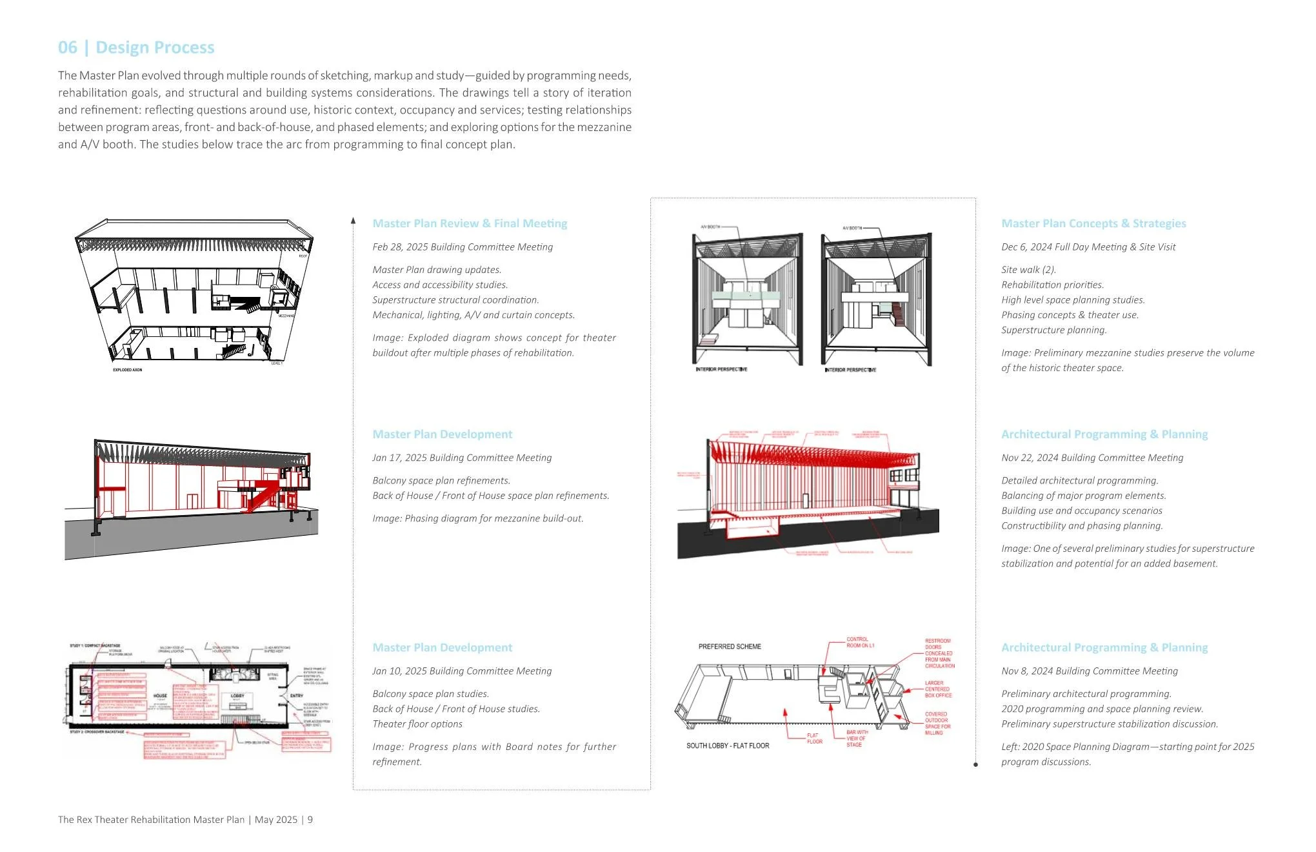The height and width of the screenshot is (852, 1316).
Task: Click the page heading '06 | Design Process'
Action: (136, 48)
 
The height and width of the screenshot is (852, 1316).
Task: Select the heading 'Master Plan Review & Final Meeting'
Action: (470, 223)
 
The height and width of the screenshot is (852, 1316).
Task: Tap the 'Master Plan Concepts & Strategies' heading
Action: (1093, 223)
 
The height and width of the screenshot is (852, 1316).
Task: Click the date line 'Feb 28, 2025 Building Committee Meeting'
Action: (463, 247)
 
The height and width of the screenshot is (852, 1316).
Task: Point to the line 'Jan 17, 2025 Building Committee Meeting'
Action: (462, 458)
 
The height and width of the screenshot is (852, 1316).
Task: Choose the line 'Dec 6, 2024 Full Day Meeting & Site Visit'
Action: (1088, 247)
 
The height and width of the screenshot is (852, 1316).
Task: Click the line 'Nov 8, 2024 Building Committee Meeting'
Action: (1090, 671)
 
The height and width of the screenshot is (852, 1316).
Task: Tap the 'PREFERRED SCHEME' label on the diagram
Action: (730, 647)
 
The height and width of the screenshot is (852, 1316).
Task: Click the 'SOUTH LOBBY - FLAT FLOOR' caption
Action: (728, 746)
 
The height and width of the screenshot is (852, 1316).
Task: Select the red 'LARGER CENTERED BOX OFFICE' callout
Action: (938, 689)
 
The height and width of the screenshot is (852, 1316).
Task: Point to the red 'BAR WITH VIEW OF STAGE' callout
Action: (857, 738)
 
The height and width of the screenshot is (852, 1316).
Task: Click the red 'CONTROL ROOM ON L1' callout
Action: (860, 642)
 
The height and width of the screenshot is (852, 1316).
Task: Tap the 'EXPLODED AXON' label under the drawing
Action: (127, 370)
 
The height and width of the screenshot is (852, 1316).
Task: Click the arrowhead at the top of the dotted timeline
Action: (353, 221)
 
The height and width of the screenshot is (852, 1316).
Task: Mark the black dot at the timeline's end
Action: (975, 765)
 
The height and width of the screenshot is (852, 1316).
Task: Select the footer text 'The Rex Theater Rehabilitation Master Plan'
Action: (151, 820)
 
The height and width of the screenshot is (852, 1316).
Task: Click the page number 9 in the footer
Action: (310, 820)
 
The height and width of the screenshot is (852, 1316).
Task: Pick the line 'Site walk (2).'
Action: (1028, 270)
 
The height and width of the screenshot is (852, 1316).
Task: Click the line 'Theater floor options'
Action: (417, 724)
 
